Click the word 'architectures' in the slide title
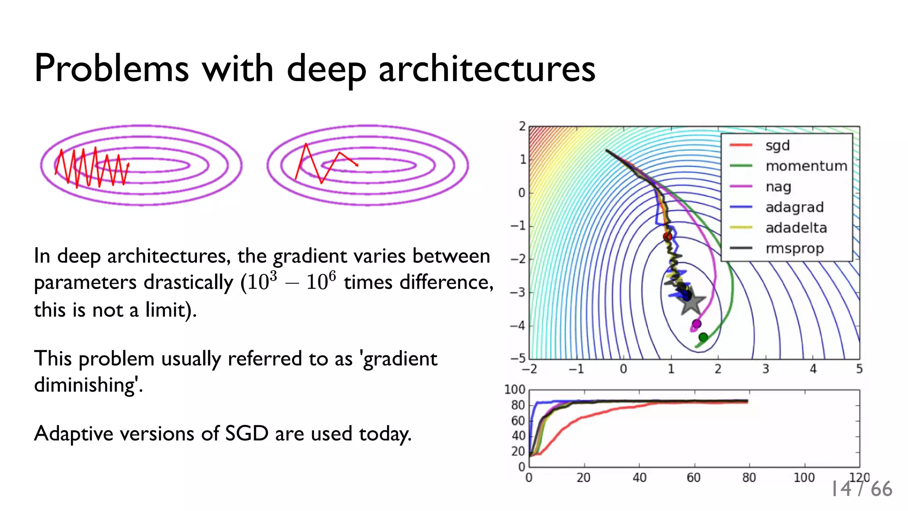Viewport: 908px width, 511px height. pos(486,69)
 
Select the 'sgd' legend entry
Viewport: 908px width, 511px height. pos(777,145)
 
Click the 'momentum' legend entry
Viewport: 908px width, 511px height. pos(806,166)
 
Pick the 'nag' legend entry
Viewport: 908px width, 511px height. pos(778,187)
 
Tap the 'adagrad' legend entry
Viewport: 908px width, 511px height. pos(794,207)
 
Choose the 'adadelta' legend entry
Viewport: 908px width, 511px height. pos(796,228)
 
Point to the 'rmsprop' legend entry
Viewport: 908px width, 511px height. pos(794,249)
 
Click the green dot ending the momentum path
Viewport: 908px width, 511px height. pos(703,337)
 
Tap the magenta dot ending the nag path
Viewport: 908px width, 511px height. pos(697,324)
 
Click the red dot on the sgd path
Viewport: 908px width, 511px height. pos(667,237)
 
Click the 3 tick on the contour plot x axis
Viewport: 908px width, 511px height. pos(765,369)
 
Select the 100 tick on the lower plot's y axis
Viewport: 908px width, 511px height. pos(515,390)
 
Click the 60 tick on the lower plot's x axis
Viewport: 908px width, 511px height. pos(693,478)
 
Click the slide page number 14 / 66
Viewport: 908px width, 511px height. pos(861,489)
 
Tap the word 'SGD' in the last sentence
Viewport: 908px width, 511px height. pos(247,433)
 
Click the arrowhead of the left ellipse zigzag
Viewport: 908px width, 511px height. pos(128,165)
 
